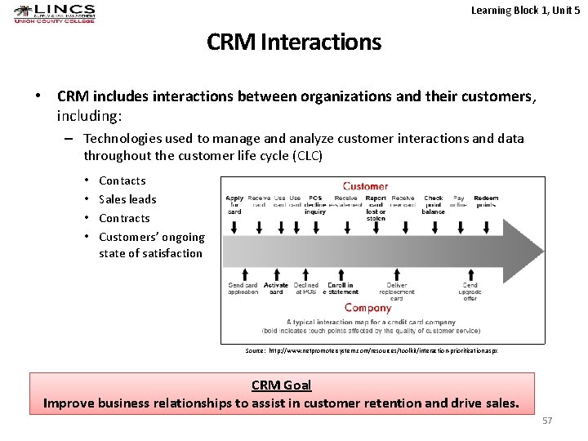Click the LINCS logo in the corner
[x=54, y=13]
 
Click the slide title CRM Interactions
[x=294, y=42]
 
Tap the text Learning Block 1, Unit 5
[x=525, y=11]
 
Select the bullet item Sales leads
[x=127, y=199]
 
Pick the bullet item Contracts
[x=124, y=218]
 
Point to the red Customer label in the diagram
[x=365, y=186]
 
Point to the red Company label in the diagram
[x=367, y=308]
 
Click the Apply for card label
[x=234, y=204]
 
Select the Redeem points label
[x=486, y=201]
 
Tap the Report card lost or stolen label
[x=376, y=207]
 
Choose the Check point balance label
[x=434, y=204]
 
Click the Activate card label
[x=276, y=288]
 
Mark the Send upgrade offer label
[x=470, y=292]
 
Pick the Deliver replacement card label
[x=396, y=292]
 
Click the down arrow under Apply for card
[x=234, y=228]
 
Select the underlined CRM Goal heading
[x=281, y=385]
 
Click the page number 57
[x=547, y=420]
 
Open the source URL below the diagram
[x=372, y=350]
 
